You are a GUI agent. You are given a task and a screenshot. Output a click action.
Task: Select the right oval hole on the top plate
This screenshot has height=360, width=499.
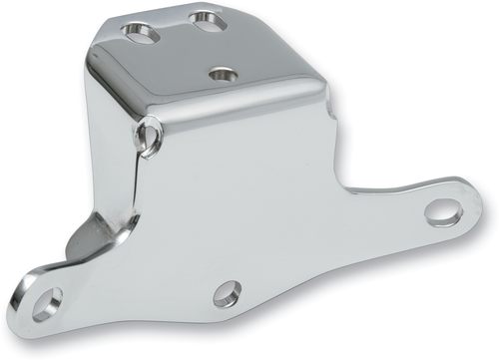pyautogui.click(x=207, y=19)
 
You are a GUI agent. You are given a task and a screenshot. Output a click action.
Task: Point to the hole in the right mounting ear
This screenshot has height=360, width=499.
pyautogui.click(x=442, y=211)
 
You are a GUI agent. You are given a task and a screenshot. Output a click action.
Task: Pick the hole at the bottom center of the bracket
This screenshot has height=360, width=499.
pyautogui.click(x=227, y=293)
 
